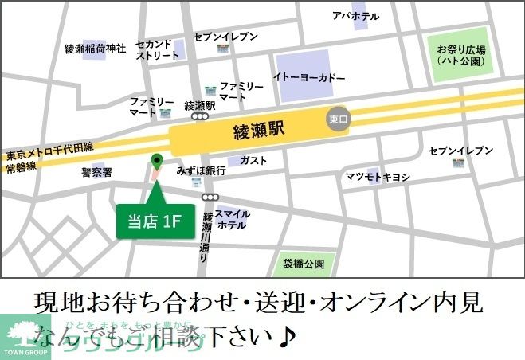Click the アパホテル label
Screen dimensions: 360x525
[356, 16]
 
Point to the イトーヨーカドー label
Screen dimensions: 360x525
[309, 78]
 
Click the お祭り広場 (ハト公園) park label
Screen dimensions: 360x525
[461, 54]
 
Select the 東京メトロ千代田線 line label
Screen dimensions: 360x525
[50, 147]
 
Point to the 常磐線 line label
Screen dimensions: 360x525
[21, 168]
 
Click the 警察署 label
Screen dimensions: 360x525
[96, 171]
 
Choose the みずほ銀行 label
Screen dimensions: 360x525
[202, 171]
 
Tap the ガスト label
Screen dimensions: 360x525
[253, 160]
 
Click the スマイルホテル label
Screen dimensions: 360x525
[232, 219]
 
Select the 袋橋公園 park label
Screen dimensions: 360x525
[304, 264]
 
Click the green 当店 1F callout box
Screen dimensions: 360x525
[155, 221]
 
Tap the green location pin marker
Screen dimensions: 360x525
[156, 162]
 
